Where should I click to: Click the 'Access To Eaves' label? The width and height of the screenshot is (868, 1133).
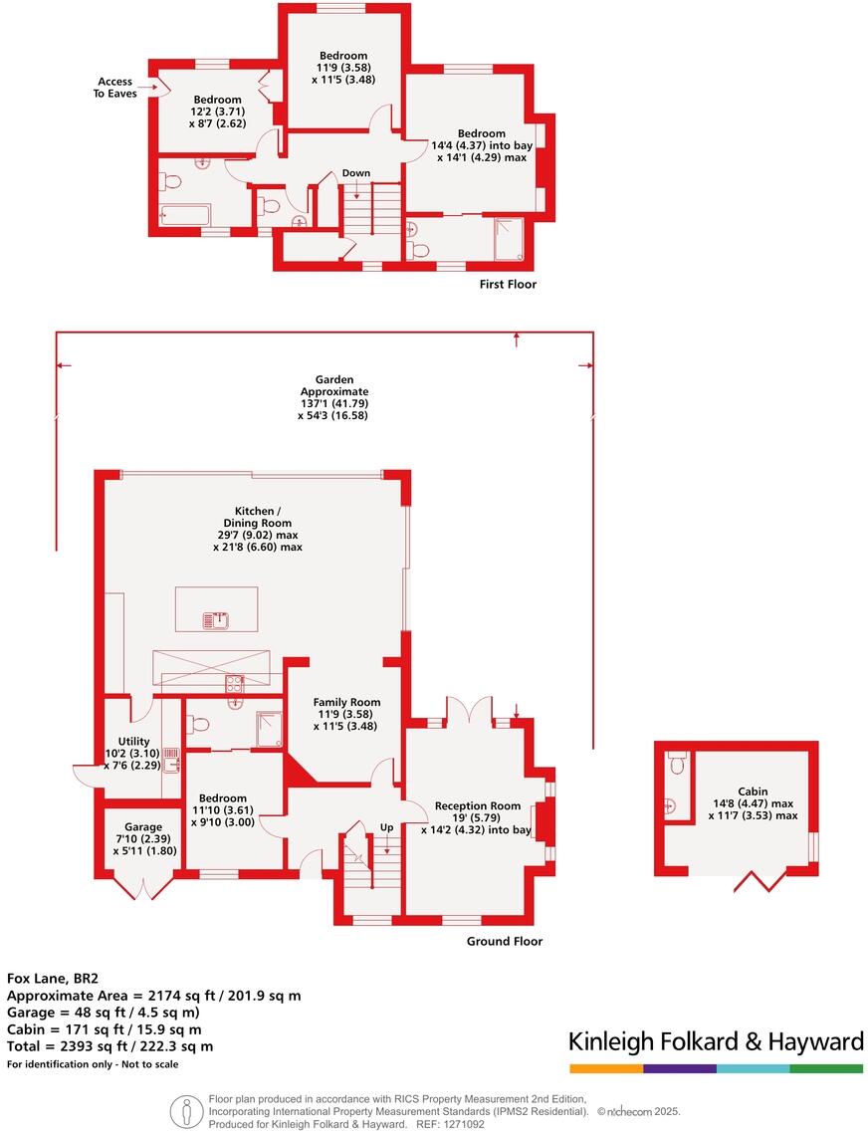(116, 88)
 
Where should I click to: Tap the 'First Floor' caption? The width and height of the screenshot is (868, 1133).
(508, 285)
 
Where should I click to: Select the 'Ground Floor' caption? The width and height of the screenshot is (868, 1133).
(505, 941)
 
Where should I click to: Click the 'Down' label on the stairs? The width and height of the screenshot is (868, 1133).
(356, 173)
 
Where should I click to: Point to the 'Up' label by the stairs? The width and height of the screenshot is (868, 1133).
(386, 828)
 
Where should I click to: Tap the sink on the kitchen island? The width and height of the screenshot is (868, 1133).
(216, 620)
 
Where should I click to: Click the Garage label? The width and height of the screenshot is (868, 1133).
(143, 838)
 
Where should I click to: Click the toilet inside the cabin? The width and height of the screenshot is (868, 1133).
(679, 764)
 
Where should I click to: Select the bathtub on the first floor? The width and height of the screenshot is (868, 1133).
(185, 215)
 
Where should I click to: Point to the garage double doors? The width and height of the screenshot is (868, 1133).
(144, 886)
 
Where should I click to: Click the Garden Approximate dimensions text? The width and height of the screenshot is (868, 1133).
(327, 398)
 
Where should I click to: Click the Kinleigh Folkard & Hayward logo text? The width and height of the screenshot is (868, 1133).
(716, 1042)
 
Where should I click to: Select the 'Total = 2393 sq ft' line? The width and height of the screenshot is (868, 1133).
(109, 1046)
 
